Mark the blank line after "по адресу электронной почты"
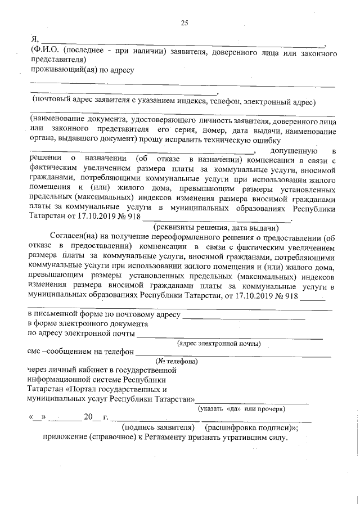click(231, 337)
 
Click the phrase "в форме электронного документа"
click(88, 325)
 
